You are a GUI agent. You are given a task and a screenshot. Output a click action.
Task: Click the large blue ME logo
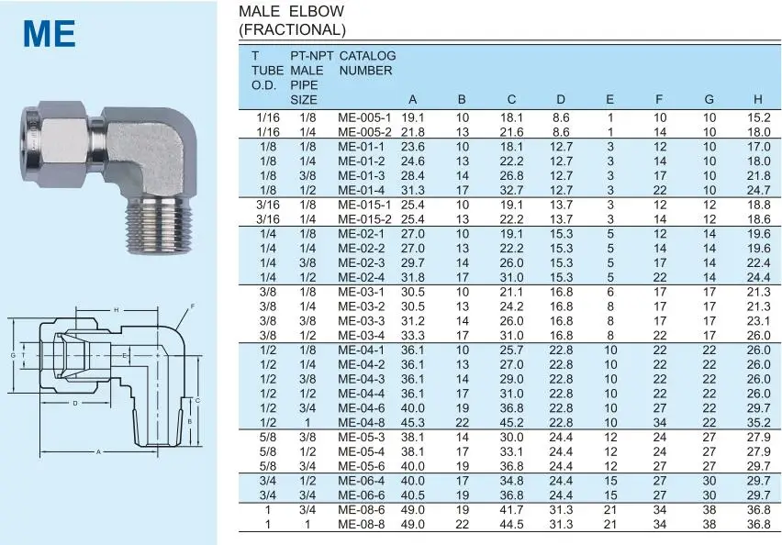tap(49, 34)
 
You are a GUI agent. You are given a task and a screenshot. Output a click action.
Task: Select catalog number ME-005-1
tap(364, 117)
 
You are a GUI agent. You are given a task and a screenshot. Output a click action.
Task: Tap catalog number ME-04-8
tap(362, 423)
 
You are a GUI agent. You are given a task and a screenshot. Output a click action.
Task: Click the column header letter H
tap(757, 100)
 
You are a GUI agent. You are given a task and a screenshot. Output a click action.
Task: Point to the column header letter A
tap(412, 100)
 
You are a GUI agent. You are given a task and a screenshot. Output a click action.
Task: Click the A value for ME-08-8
tap(413, 525)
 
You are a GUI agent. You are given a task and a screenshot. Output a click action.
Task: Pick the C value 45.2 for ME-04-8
tap(511, 423)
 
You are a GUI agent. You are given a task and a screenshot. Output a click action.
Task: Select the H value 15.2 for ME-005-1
tap(758, 117)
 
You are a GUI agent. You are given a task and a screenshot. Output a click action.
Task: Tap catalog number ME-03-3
tap(362, 321)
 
